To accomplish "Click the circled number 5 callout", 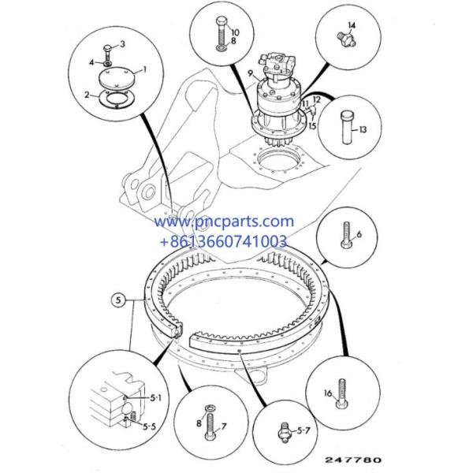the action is [118, 300].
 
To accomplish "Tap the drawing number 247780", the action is [353, 460].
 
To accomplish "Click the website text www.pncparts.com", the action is [224, 222].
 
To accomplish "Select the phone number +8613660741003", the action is [224, 241].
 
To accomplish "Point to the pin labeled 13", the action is [347, 127].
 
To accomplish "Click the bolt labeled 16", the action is [342, 394].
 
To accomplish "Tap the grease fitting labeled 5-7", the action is [284, 433].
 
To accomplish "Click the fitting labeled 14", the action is [346, 39].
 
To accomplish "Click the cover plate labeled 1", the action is [116, 78].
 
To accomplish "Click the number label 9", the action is [250, 73].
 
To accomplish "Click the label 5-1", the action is [156, 398].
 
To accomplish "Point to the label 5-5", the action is [149, 426].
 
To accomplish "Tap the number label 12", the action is [316, 99].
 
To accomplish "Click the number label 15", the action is [312, 125].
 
